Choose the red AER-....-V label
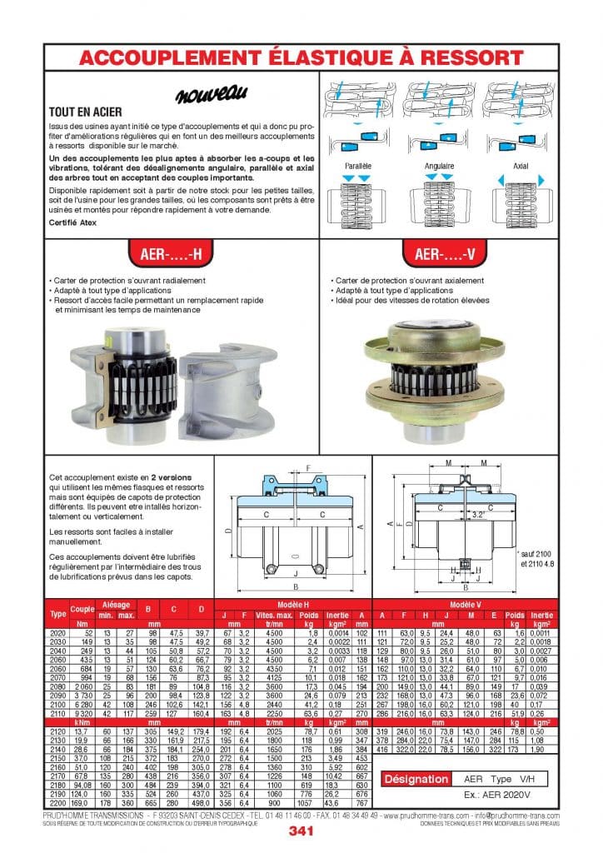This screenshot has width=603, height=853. (440, 252)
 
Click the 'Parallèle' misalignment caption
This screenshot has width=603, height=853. (356, 167)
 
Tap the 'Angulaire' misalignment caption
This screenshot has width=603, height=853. (439, 167)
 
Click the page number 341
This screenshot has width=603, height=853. (301, 831)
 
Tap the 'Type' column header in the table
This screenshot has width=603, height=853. (58, 613)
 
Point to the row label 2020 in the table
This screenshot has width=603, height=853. (58, 633)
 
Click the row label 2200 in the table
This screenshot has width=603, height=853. (58, 802)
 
